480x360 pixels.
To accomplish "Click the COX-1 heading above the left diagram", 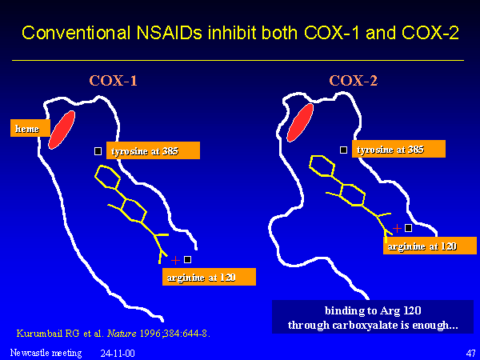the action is [114, 81].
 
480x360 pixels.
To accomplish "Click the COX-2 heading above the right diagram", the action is [354, 81].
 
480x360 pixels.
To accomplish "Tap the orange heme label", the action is [30, 128].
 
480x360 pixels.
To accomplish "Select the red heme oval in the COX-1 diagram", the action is [62, 130].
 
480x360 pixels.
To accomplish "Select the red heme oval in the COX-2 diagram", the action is [300, 122].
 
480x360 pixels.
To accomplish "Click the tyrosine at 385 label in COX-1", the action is [153, 150].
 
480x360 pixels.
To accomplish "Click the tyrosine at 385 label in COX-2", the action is [398, 149].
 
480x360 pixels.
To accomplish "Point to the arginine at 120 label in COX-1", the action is [209, 277].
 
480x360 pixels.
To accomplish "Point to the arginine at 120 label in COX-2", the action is [430, 246].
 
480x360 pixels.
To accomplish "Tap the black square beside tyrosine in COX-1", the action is [98, 151].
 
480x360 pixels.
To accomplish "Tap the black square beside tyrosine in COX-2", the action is [343, 150].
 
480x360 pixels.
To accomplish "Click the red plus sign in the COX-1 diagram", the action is [175, 260].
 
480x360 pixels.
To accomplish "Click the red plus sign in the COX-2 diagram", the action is [397, 228].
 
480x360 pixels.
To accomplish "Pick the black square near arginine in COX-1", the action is [187, 259].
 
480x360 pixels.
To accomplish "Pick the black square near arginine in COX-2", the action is [408, 228].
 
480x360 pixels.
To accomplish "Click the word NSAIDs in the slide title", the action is [170, 33].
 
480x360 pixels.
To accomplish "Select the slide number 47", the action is [470, 353].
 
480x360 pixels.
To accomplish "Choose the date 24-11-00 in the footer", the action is [118, 354].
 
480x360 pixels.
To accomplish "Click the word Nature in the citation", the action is [122, 333].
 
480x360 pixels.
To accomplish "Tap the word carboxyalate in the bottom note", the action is [370, 325].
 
